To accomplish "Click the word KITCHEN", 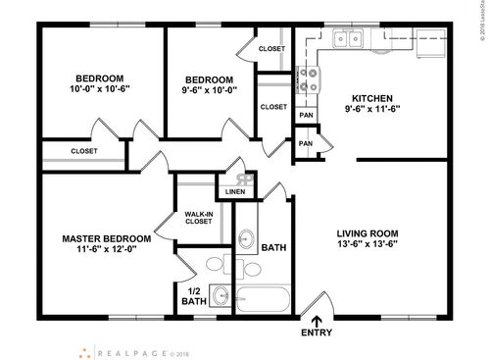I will click(x=372, y=99).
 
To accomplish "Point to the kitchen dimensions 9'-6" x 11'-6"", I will click(x=372, y=112).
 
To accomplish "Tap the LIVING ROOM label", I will click(x=374, y=233).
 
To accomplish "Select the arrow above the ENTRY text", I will click(x=317, y=319).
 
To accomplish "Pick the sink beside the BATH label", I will click(x=247, y=238).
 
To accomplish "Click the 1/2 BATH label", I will click(x=193, y=297).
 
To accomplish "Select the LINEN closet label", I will click(x=235, y=191).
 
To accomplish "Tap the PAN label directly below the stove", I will click(x=305, y=114).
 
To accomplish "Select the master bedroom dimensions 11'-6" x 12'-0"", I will click(x=106, y=251).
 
